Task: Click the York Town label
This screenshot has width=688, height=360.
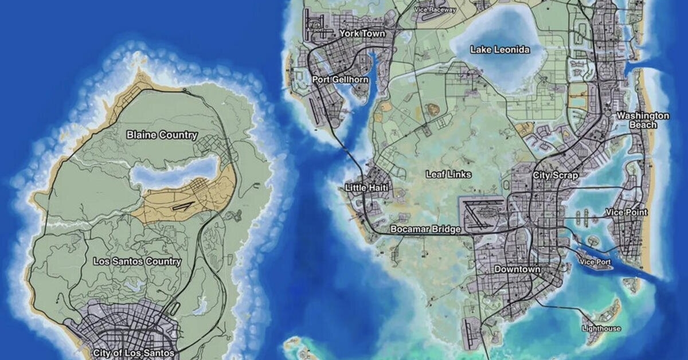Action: click(362, 34)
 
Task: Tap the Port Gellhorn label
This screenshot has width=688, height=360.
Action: click(340, 79)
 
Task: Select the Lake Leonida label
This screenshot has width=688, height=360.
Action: click(500, 50)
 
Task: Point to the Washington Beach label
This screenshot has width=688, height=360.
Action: click(643, 120)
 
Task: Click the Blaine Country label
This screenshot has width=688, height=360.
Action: click(162, 135)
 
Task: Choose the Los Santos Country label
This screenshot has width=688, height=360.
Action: click(137, 261)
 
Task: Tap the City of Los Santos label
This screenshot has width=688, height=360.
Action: click(133, 353)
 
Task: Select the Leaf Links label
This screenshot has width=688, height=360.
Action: click(449, 174)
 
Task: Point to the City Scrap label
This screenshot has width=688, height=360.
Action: click(556, 175)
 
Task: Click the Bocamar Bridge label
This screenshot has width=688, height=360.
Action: click(425, 229)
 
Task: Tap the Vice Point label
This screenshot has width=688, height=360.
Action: click(627, 212)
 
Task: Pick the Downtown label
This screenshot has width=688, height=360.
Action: click(517, 269)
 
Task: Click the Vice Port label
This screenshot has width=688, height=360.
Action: click(596, 263)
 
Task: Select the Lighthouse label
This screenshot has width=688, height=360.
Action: click(601, 328)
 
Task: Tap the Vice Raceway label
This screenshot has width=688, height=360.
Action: click(436, 10)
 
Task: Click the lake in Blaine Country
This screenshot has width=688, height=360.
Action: click(175, 171)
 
